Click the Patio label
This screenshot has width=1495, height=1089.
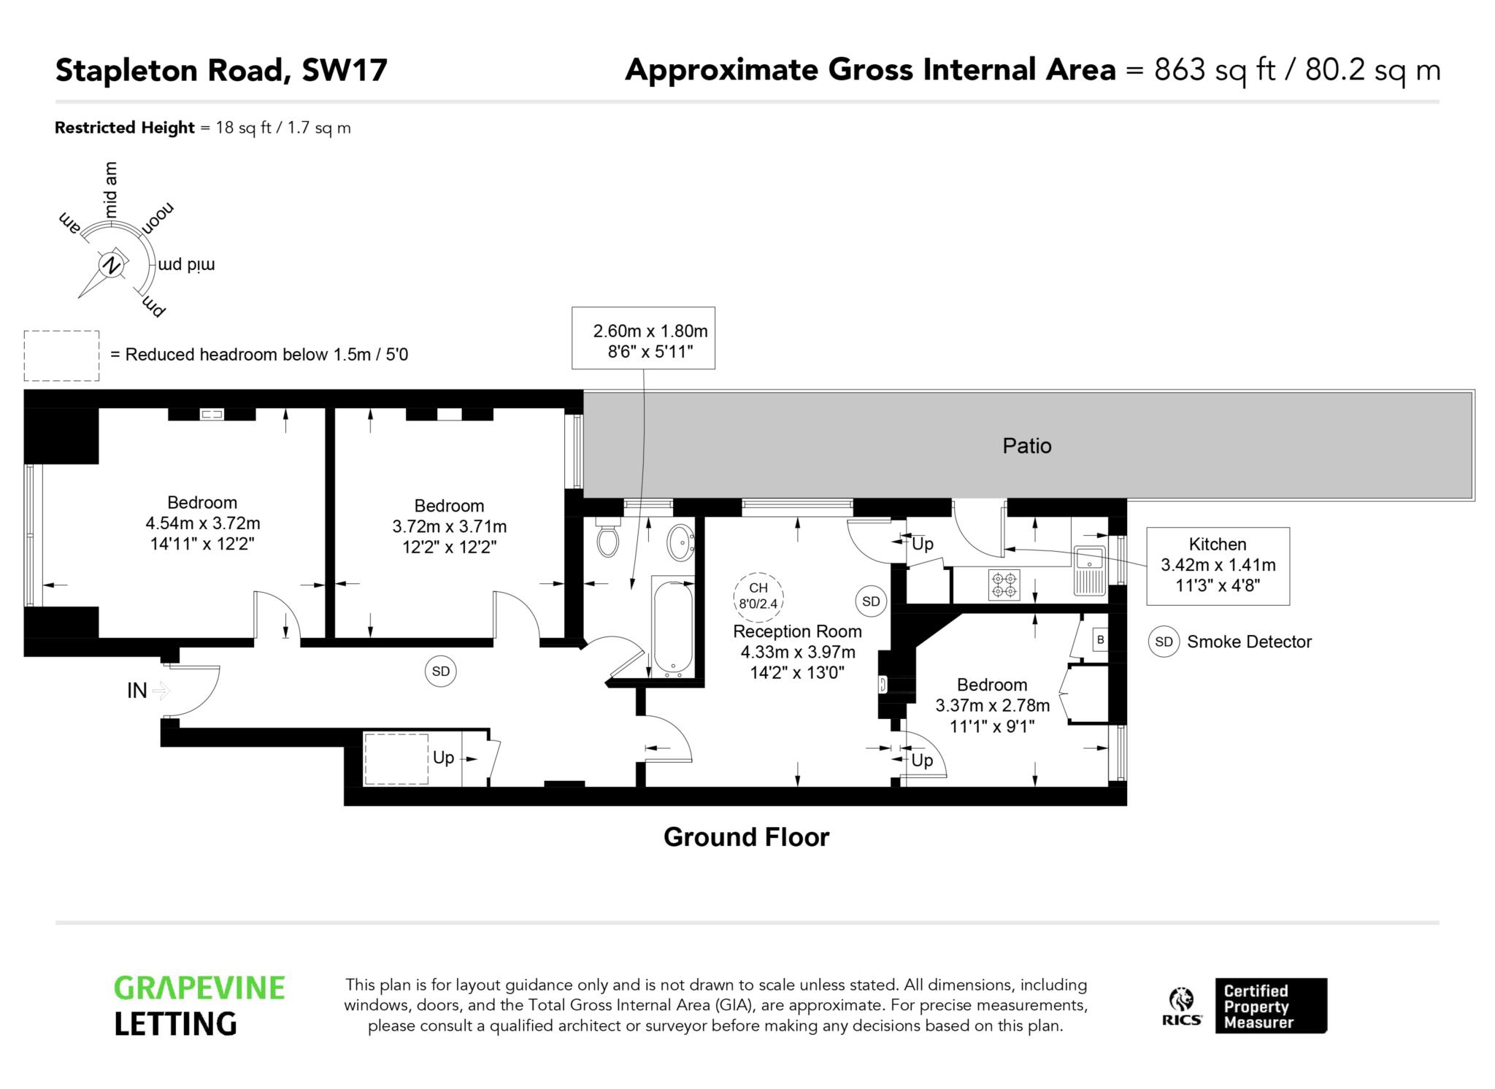pyautogui.click(x=1026, y=445)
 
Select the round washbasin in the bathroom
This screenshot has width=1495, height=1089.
pyautogui.click(x=681, y=542)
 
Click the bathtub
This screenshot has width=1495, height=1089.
pyautogui.click(x=673, y=629)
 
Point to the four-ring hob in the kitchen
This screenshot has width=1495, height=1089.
pyautogui.click(x=1004, y=585)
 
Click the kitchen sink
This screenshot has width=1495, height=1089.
pyautogui.click(x=1091, y=571)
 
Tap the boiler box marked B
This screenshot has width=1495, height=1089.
pyautogui.click(x=1100, y=640)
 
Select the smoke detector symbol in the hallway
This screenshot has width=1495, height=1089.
pyautogui.click(x=441, y=671)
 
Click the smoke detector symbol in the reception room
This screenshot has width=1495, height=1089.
pyautogui.click(x=871, y=601)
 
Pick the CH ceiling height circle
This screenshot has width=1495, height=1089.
pyautogui.click(x=758, y=596)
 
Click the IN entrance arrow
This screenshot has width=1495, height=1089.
pyautogui.click(x=162, y=690)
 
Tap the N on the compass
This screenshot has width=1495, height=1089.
pyautogui.click(x=111, y=265)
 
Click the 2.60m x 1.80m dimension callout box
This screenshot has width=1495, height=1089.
pyautogui.click(x=643, y=338)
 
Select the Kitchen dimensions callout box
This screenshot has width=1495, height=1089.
pyautogui.click(x=1218, y=566)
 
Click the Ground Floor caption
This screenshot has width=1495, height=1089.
pyautogui.click(x=746, y=836)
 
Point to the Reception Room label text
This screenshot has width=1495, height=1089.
pyautogui.click(x=797, y=631)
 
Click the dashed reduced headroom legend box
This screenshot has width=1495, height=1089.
pyautogui.click(x=61, y=355)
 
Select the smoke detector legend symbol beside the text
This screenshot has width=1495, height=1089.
pyautogui.click(x=1164, y=642)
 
